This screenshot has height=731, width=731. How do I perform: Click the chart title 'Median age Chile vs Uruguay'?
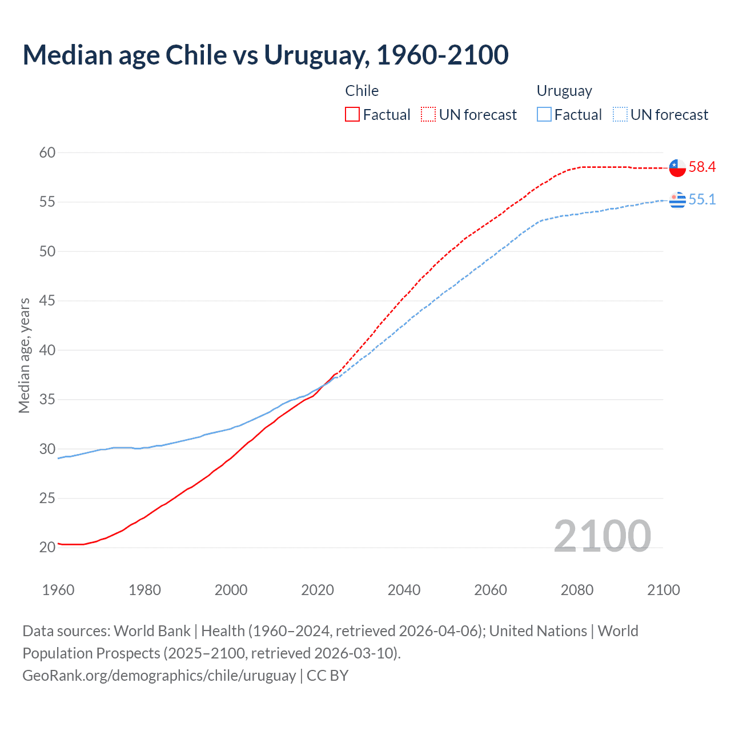point(266,55)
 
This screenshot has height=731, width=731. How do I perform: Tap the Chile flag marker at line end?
point(677,168)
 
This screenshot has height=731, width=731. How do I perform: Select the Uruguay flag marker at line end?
point(677,200)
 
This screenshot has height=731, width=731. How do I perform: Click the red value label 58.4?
point(702,167)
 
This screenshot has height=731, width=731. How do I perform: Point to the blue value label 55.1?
point(702,199)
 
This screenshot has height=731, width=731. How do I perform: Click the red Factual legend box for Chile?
point(352,115)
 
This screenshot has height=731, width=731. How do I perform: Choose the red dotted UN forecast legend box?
point(428,115)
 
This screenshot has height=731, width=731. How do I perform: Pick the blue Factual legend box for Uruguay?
point(544,115)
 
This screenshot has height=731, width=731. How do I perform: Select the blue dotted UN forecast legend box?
point(620,115)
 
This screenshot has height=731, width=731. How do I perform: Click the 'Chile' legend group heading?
point(362,91)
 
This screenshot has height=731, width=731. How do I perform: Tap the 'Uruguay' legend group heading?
point(564,91)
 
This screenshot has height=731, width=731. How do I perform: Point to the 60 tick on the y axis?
point(47,152)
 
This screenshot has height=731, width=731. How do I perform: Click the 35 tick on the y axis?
point(47,399)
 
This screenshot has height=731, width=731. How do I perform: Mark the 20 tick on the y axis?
point(47,547)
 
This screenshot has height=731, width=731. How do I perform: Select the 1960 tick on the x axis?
point(58,590)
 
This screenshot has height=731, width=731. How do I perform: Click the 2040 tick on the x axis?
point(404,590)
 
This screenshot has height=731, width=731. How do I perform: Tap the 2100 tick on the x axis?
point(663,590)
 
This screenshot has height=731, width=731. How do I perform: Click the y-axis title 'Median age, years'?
point(24,355)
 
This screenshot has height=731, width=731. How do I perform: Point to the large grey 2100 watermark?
point(602,536)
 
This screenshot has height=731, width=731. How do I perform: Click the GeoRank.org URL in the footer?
point(159,676)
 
